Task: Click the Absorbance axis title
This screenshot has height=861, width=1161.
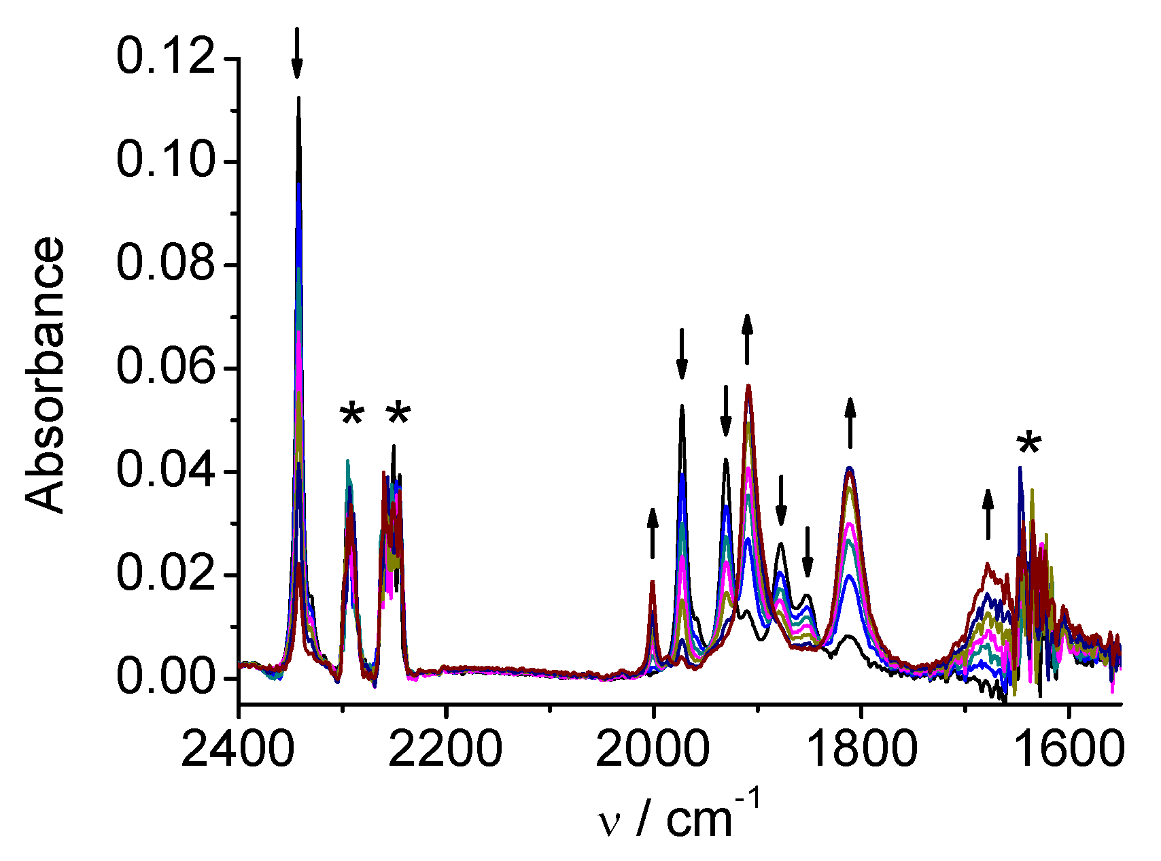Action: [x=46, y=375]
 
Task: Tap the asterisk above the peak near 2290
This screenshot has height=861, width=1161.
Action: [x=352, y=414]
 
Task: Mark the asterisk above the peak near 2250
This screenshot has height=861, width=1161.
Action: [x=398, y=414]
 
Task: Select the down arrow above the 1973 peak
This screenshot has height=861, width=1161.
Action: [x=682, y=354]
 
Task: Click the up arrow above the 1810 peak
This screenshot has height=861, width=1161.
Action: [x=850, y=422]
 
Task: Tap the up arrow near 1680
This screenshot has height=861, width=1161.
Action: [x=988, y=513]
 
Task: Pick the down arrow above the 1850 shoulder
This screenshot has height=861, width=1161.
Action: [x=807, y=552]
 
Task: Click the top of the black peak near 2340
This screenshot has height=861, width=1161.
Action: [x=298, y=98]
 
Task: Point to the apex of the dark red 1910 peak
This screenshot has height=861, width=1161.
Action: [x=748, y=386]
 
